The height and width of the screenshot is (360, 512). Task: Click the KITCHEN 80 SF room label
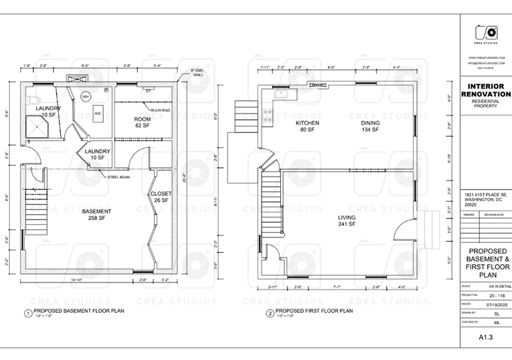click(307, 126)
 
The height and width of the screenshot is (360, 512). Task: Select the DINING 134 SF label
click(370, 126)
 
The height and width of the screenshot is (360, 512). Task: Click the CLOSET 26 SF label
click(161, 197)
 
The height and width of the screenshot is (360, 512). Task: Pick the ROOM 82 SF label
click(142, 123)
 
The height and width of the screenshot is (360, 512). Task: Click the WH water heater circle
click(86, 96)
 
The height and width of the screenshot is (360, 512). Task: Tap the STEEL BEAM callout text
click(120, 177)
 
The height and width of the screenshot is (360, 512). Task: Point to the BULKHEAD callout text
click(161, 111)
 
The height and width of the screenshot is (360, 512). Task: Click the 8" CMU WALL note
click(200, 73)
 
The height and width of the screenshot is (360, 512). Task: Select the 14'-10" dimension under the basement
click(78, 280)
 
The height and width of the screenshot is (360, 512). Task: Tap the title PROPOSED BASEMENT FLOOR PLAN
click(74, 310)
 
